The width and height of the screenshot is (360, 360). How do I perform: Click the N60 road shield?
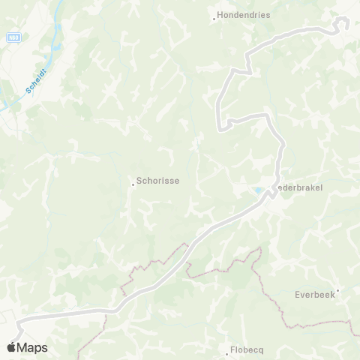point(15,36)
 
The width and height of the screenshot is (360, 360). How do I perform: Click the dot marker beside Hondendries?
point(214,19)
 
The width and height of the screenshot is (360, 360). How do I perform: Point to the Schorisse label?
point(157,181)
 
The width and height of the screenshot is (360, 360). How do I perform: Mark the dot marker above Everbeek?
point(338,290)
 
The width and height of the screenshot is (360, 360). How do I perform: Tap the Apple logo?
point(11,347)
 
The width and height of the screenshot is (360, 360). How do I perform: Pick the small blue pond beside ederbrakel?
point(258,191)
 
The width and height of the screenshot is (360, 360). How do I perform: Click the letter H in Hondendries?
point(220,14)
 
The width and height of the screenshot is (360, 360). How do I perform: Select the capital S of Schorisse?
point(139,181)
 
